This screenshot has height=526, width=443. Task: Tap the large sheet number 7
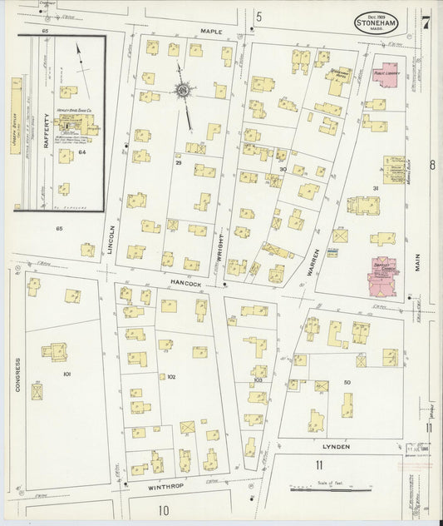pyautogui.click(x=424, y=19)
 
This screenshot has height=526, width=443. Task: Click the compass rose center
pyautogui.click(x=181, y=89)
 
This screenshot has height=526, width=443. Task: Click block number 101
pyautogui.click(x=66, y=375)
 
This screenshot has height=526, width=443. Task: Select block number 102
pyautogui.click(x=171, y=377)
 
